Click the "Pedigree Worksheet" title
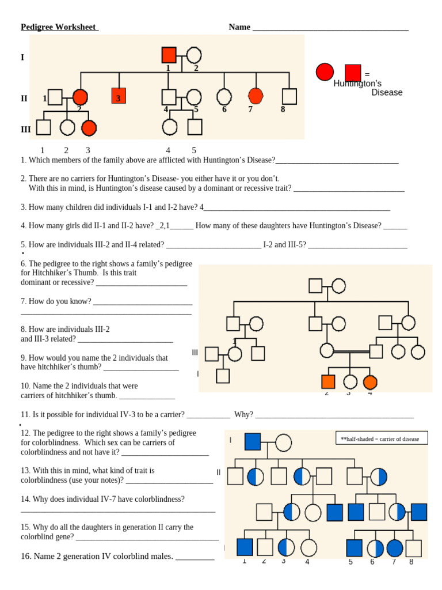(59, 27)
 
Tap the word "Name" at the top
(239, 27)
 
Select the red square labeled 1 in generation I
(169, 55)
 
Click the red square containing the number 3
(119, 97)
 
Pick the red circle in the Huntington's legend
(325, 73)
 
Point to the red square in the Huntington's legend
(353, 73)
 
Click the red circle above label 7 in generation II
(256, 96)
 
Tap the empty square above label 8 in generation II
(289, 96)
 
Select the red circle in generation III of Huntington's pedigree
(89, 127)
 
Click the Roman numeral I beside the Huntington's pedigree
(22, 58)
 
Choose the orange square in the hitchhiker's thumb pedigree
(327, 381)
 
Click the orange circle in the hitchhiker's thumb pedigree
(369, 381)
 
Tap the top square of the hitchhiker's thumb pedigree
(315, 286)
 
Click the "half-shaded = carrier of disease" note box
(382, 438)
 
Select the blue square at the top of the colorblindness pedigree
(253, 442)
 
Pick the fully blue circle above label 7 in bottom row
(395, 548)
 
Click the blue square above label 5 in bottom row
(355, 548)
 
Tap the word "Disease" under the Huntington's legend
(387, 93)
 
